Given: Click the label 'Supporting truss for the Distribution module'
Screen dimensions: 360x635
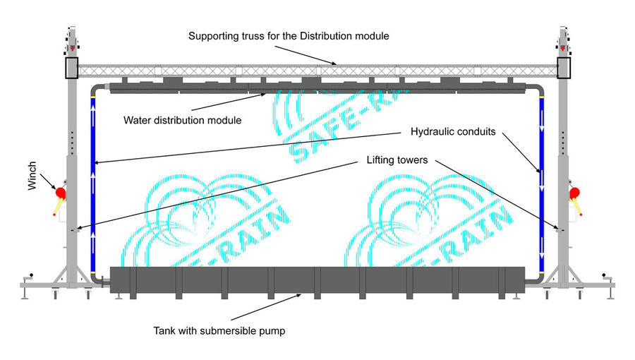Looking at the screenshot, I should pos(289,35).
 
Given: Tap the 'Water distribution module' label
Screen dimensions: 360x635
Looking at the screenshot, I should pos(183,119).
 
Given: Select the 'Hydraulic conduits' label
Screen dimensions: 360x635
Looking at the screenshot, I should pos(452,131).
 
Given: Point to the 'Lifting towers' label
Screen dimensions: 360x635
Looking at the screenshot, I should pos(397,160).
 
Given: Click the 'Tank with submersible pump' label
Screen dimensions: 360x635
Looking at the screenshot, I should pos(219,330).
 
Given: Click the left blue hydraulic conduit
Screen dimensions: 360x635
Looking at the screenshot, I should pos(92,184).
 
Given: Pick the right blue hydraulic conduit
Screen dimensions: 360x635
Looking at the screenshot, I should pos(542,184).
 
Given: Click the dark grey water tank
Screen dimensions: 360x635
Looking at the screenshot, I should pos(317,282).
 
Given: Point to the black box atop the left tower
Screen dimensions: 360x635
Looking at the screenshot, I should pos(71,67).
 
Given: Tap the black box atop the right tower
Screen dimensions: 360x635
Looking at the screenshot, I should pos(564,67).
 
